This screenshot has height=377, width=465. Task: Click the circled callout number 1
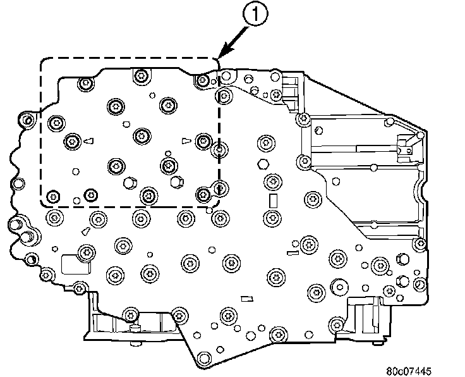tap(255, 15)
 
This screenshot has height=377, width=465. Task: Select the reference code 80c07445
tap(409, 371)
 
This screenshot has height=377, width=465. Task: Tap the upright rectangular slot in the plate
tap(273, 201)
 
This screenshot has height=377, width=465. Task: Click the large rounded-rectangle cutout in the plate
tap(75, 264)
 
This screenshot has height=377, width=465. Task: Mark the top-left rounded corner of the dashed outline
tap(44, 61)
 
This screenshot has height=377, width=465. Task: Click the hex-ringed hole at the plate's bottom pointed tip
tap(204, 358)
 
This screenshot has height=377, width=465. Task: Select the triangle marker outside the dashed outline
tap(86, 231)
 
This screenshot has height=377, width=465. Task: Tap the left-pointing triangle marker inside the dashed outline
tap(88, 141)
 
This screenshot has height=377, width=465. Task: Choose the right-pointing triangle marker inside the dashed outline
tap(186, 140)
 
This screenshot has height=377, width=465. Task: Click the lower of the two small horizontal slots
tap(247, 299)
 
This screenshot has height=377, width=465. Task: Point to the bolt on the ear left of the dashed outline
tap(28, 120)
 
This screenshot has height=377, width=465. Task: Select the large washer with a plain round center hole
tap(340, 287)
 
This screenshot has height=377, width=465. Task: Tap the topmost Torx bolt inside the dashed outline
tap(141, 76)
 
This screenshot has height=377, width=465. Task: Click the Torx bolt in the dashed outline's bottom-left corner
tap(53, 196)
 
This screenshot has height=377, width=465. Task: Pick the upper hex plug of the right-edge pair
tap(402, 259)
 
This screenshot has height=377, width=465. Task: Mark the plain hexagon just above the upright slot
tap(262, 164)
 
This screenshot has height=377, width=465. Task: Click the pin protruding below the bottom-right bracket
tap(377, 343)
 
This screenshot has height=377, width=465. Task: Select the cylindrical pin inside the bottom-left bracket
tap(135, 328)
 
